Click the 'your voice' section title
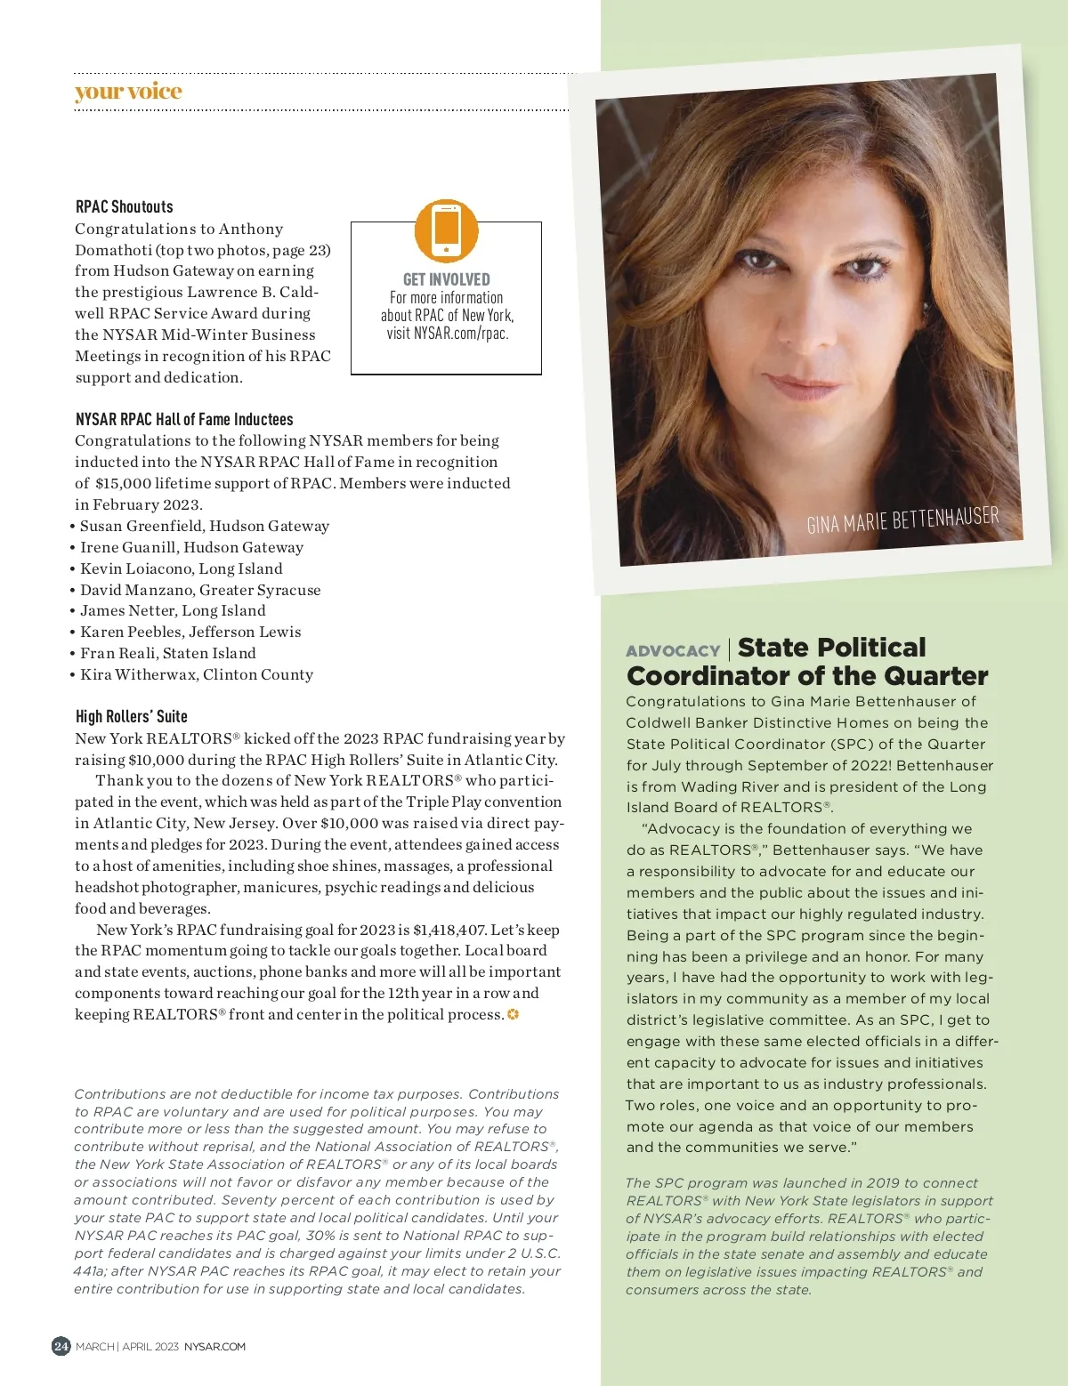point(128,92)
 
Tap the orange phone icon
point(447,230)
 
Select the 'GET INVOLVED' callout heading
point(447,279)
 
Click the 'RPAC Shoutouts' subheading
point(125,206)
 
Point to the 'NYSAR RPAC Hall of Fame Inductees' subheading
point(184,419)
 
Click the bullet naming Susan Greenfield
point(204,526)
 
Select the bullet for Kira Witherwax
point(196,674)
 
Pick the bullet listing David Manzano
point(200,590)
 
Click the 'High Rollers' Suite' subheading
point(132,716)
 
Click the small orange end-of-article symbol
point(514,1014)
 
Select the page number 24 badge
point(61,1346)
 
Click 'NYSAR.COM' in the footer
point(214,1347)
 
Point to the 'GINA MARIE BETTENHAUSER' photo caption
point(902,520)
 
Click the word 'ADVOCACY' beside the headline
point(673,651)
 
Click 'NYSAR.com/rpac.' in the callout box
point(461,334)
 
